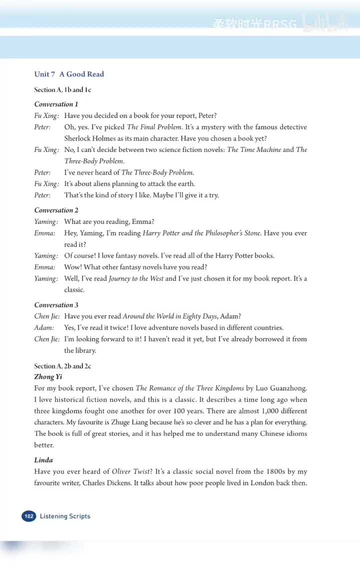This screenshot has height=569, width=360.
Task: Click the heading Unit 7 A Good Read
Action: point(69,74)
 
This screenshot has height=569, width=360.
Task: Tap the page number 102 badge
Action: point(29,516)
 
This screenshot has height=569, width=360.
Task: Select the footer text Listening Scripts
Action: point(65,516)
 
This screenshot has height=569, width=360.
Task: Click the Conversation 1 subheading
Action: point(56,104)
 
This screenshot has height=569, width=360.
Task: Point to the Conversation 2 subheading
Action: point(56,210)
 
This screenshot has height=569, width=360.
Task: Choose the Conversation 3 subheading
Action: point(56,304)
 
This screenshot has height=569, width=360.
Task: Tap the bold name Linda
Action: point(43,459)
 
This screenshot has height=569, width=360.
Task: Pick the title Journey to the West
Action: point(136,278)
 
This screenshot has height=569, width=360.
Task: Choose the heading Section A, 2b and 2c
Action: point(62,366)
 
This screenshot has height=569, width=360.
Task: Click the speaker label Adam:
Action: point(44,327)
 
